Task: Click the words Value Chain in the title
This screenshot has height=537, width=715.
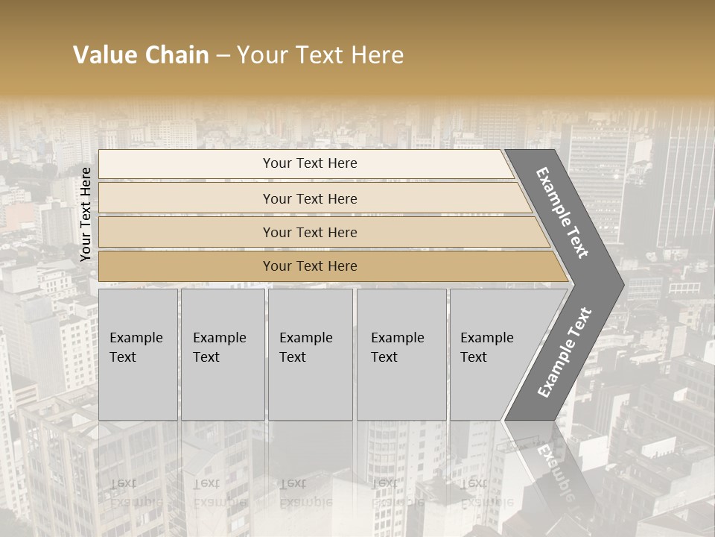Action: (x=141, y=55)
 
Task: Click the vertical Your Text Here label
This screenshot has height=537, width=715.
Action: (x=86, y=214)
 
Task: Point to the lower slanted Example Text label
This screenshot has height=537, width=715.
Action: (x=564, y=352)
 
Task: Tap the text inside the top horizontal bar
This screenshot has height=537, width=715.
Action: (x=310, y=163)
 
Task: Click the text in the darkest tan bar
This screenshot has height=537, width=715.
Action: (x=310, y=266)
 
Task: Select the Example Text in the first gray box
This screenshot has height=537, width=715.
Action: (x=136, y=348)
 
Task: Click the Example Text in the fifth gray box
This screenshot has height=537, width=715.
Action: (x=486, y=348)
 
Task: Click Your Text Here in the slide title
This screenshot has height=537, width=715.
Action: (x=320, y=55)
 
